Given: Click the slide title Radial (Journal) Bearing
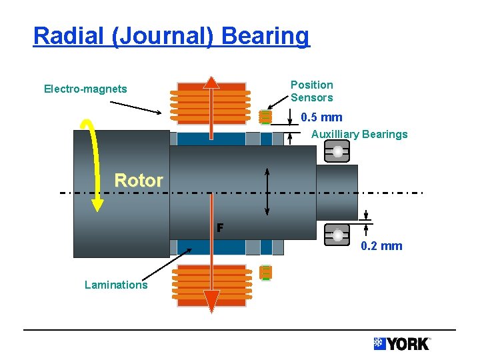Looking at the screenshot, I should click(x=171, y=36).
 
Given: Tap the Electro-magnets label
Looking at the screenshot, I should click(x=85, y=89).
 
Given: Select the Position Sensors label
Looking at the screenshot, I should click(x=311, y=91).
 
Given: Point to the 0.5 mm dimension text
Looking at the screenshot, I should click(x=321, y=117).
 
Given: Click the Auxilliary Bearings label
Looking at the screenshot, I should click(x=359, y=134).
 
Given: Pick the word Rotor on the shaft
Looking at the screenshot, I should click(x=139, y=180).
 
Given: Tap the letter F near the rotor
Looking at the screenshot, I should click(x=219, y=228).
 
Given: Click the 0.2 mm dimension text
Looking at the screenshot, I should click(x=381, y=246).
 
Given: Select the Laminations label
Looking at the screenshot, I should click(x=116, y=285).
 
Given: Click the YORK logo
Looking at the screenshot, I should click(x=402, y=344).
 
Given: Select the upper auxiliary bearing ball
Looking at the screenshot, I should click(x=338, y=153).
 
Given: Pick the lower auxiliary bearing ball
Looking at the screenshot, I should click(x=338, y=235).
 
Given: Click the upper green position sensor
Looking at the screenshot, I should click(x=265, y=117).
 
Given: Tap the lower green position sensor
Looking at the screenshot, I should click(x=265, y=272).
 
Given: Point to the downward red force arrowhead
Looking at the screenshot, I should click(x=211, y=303).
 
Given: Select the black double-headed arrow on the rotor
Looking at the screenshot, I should click(x=267, y=191).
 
